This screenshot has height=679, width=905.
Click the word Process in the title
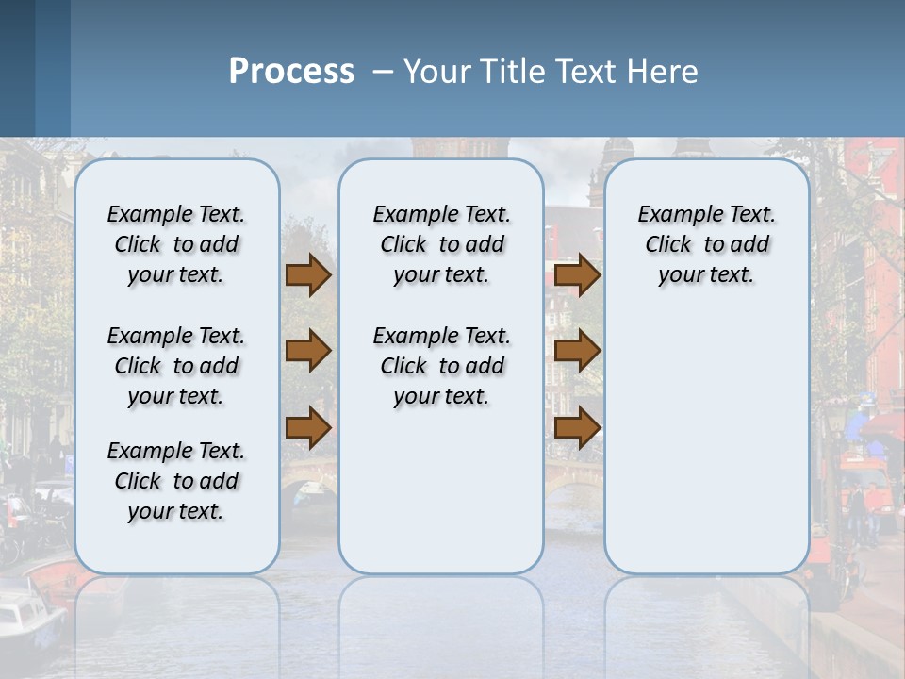(291, 72)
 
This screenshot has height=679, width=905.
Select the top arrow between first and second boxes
(307, 274)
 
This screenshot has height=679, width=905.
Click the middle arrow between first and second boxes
(307, 351)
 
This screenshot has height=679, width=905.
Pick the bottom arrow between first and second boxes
(307, 427)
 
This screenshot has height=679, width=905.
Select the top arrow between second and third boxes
(577, 274)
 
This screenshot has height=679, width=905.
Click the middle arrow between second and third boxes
(577, 351)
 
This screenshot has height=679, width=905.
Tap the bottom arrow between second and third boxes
(577, 427)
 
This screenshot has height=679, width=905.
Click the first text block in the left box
(176, 244)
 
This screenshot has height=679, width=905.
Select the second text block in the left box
(176, 366)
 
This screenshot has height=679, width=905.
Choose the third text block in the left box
(176, 481)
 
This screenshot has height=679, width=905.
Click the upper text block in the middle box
(441, 244)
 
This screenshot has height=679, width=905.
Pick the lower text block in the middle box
(441, 366)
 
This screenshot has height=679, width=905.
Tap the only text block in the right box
(707, 244)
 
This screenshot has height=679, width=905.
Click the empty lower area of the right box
(707, 443)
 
